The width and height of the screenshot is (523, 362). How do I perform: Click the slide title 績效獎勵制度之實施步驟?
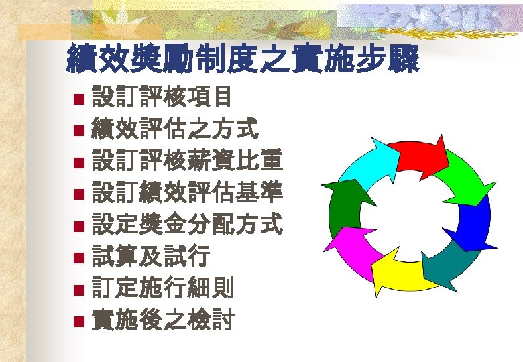point(243,60)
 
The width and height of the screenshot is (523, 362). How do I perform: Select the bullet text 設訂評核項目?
point(162,98)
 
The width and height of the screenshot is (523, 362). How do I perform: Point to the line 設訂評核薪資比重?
point(186,162)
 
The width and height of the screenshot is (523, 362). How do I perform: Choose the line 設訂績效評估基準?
point(186,193)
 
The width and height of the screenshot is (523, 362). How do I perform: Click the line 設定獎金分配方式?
point(186,225)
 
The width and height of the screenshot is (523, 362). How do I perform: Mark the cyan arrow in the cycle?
point(367,163)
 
